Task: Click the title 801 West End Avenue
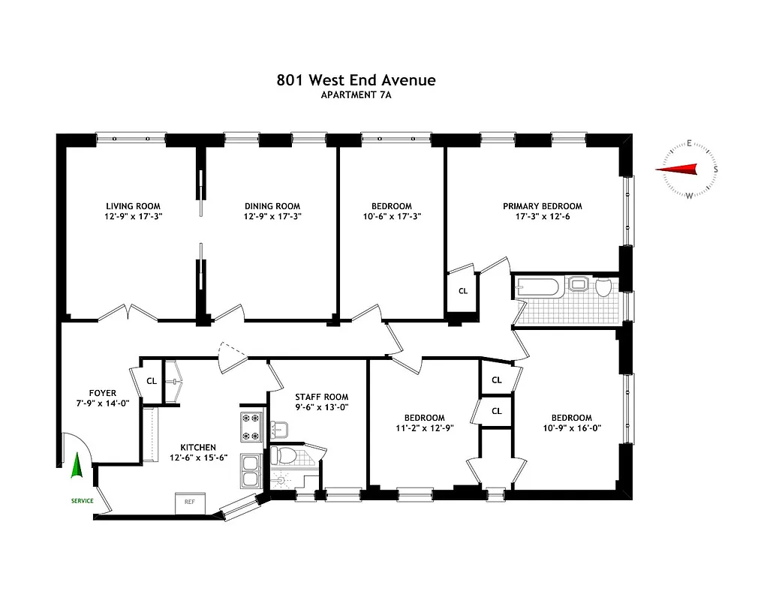point(356,79)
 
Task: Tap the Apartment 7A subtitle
point(356,94)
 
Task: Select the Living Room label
point(133,206)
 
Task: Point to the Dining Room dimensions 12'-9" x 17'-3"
point(272,217)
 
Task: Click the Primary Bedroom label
point(542,206)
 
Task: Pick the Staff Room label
point(321,397)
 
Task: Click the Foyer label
point(102,393)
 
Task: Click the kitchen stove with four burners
point(250,427)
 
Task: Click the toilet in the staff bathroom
point(284,455)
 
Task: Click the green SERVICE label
point(82,501)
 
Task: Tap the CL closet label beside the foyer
point(152,381)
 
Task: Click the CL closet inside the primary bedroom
point(462,291)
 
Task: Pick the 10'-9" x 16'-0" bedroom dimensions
point(571,428)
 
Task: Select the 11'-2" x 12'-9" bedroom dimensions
point(424,428)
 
